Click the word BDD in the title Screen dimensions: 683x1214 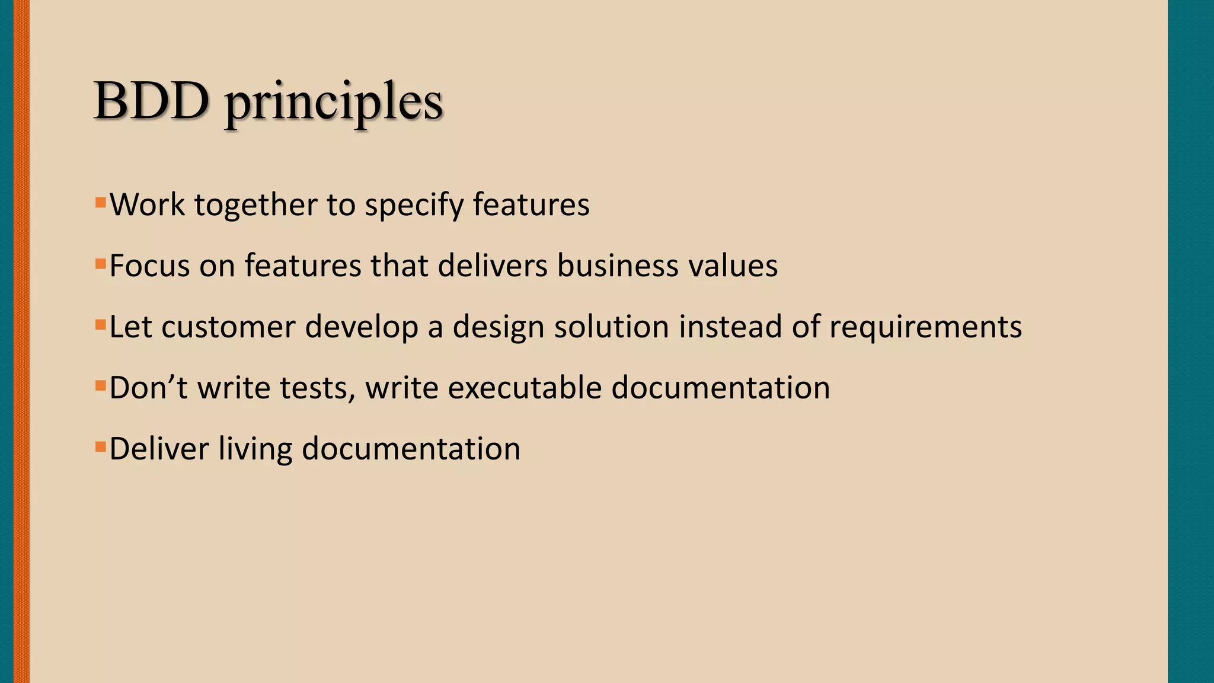pyautogui.click(x=151, y=101)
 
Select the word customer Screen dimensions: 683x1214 pyautogui.click(x=228, y=327)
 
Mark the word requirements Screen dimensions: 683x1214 pyautogui.click(x=925, y=328)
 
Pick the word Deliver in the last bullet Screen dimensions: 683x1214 pyautogui.click(x=159, y=449)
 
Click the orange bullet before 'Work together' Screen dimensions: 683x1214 pyautogui.click(x=100, y=203)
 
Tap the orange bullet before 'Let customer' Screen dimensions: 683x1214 pyautogui.click(x=100, y=325)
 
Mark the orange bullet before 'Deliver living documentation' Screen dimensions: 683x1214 pyautogui.click(x=100, y=446)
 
